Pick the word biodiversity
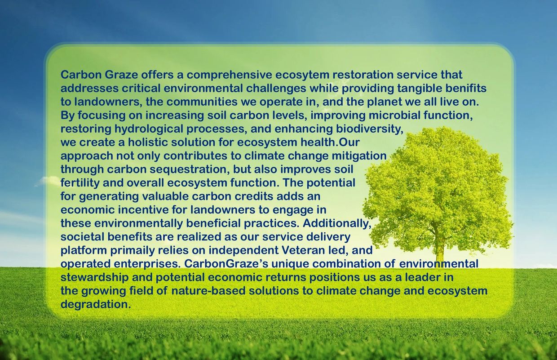click(x=370, y=129)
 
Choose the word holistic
click(x=147, y=142)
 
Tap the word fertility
click(x=80, y=183)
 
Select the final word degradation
click(x=96, y=304)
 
